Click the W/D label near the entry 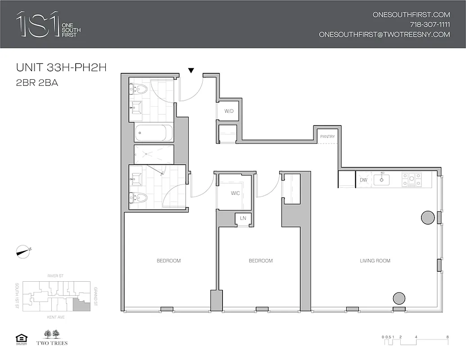tap(229, 111)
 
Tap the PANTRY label tap(327, 136)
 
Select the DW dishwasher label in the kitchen tap(363, 180)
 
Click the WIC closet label tap(235, 193)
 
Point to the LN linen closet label tap(243, 218)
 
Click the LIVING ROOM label tap(375, 261)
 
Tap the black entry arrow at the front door tap(191, 70)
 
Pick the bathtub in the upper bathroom tap(154, 133)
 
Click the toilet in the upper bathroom tap(140, 89)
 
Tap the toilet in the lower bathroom tap(139, 197)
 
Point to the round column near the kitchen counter tap(428, 218)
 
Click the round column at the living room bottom tap(399, 298)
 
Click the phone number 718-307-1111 tap(430, 24)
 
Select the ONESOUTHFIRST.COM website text tap(411, 14)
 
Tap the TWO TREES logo tap(55, 338)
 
